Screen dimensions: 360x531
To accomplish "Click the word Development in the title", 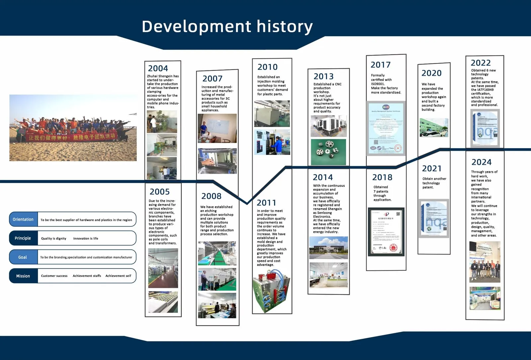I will click(196, 27).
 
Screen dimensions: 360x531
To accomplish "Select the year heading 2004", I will click(158, 68).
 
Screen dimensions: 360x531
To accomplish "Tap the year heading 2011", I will click(266, 203).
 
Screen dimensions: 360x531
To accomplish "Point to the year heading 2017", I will click(381, 65).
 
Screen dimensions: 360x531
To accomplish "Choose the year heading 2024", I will click(481, 162).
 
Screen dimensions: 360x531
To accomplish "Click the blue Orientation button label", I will click(23, 219).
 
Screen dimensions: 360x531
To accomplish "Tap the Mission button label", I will click(23, 276).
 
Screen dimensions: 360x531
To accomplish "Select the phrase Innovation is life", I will click(86, 239).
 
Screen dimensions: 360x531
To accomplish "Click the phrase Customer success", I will click(54, 276).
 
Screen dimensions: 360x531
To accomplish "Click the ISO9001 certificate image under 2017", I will click(386, 128).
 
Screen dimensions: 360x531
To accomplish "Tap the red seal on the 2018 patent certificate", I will click(394, 248).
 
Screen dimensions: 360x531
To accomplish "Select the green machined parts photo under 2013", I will click(328, 152).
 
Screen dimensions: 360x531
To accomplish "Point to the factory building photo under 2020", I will click(433, 127).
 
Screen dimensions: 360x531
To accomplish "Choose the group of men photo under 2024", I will click(485, 262).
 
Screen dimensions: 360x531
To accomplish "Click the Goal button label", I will click(23, 257).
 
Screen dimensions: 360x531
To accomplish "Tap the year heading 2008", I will click(211, 196).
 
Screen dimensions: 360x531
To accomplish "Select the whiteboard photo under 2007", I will click(217, 128).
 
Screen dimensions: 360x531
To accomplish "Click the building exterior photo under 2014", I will click(328, 248).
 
